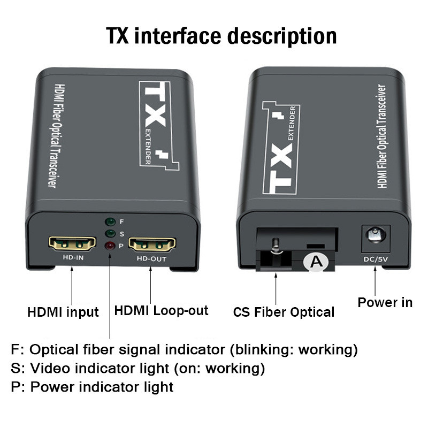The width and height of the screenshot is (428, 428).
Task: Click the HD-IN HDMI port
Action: pos(72,243)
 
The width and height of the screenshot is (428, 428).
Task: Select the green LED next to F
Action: pos(110,221)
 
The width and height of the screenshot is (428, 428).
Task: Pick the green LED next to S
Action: pos(110,234)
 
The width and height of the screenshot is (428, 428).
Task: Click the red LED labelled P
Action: pos(110,246)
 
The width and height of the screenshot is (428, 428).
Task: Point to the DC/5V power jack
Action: pos(376,239)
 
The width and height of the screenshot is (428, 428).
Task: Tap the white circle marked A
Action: pos(317,262)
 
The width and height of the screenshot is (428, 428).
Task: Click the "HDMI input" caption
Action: pos(63,312)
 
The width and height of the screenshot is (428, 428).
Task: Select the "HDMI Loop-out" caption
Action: pos(162,311)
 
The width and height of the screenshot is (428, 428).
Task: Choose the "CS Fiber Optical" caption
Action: pos(284,312)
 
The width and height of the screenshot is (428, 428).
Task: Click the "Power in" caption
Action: pos(385,302)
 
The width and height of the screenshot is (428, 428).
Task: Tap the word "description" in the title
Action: pos(282,36)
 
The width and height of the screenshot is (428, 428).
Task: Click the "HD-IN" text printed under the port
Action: pos(73,257)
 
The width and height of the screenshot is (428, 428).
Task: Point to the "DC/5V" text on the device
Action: pos(376,259)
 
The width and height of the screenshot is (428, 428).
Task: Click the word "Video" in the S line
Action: pos(50,368)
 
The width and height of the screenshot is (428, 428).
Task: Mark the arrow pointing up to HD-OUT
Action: pos(150,285)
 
